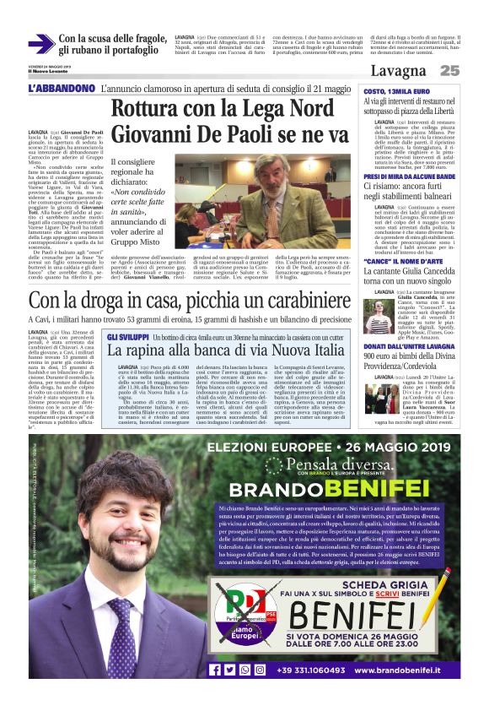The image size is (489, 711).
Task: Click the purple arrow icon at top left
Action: pyautogui.click(x=41, y=44)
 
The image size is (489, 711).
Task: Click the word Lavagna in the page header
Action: pyautogui.click(x=398, y=71)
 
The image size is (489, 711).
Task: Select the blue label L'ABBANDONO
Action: pyautogui.click(x=61, y=89)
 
